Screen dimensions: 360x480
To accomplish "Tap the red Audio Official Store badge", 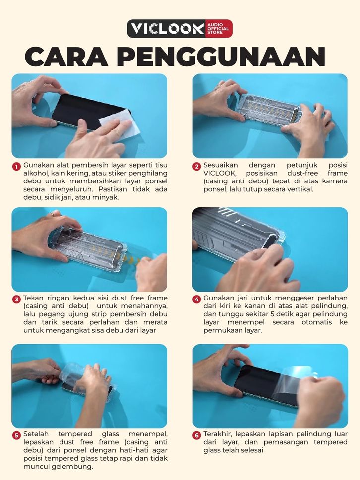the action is [x=219, y=28].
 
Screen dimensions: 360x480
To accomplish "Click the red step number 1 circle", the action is [x=16, y=166].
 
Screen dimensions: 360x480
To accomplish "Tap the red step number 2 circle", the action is [x=196, y=166].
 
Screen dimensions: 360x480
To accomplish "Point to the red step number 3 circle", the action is [x=16, y=299].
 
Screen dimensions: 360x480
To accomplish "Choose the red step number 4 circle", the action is [x=196, y=299].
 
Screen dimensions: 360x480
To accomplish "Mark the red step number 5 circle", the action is [x=16, y=435].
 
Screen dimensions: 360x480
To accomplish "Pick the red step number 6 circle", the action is [x=196, y=435].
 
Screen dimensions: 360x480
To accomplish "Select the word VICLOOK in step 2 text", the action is [x=220, y=173].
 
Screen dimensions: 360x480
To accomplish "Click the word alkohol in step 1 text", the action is [x=33, y=173].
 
